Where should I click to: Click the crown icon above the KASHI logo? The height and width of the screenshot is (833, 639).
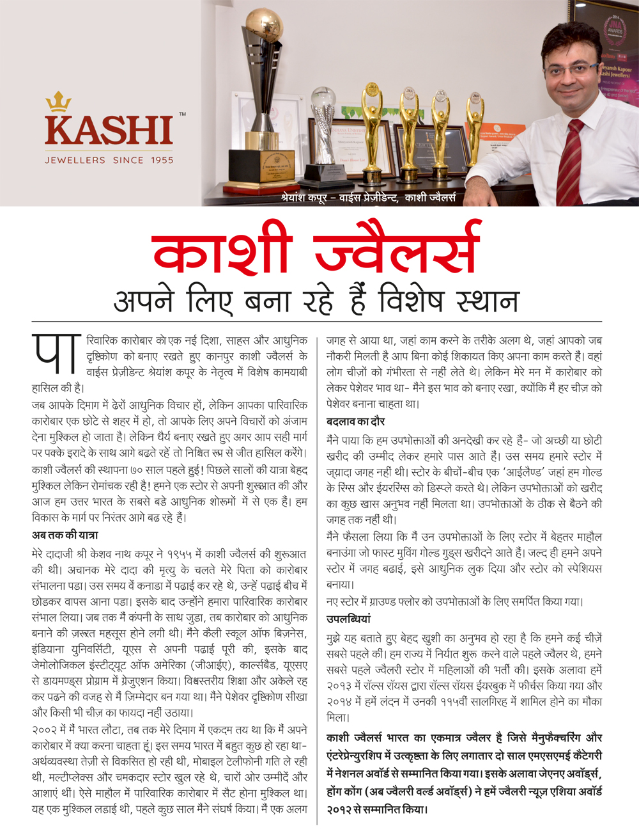point(58,102)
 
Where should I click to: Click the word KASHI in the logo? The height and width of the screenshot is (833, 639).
point(109,131)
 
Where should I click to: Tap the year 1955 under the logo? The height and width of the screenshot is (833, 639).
point(162,160)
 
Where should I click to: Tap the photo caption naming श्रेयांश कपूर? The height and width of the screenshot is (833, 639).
point(368,198)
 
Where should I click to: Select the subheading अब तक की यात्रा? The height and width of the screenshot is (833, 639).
point(65,535)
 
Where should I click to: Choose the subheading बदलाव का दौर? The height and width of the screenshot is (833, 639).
point(355,422)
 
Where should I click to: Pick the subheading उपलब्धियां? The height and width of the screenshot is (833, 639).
point(348,619)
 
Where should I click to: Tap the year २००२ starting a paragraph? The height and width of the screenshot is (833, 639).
point(45,729)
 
